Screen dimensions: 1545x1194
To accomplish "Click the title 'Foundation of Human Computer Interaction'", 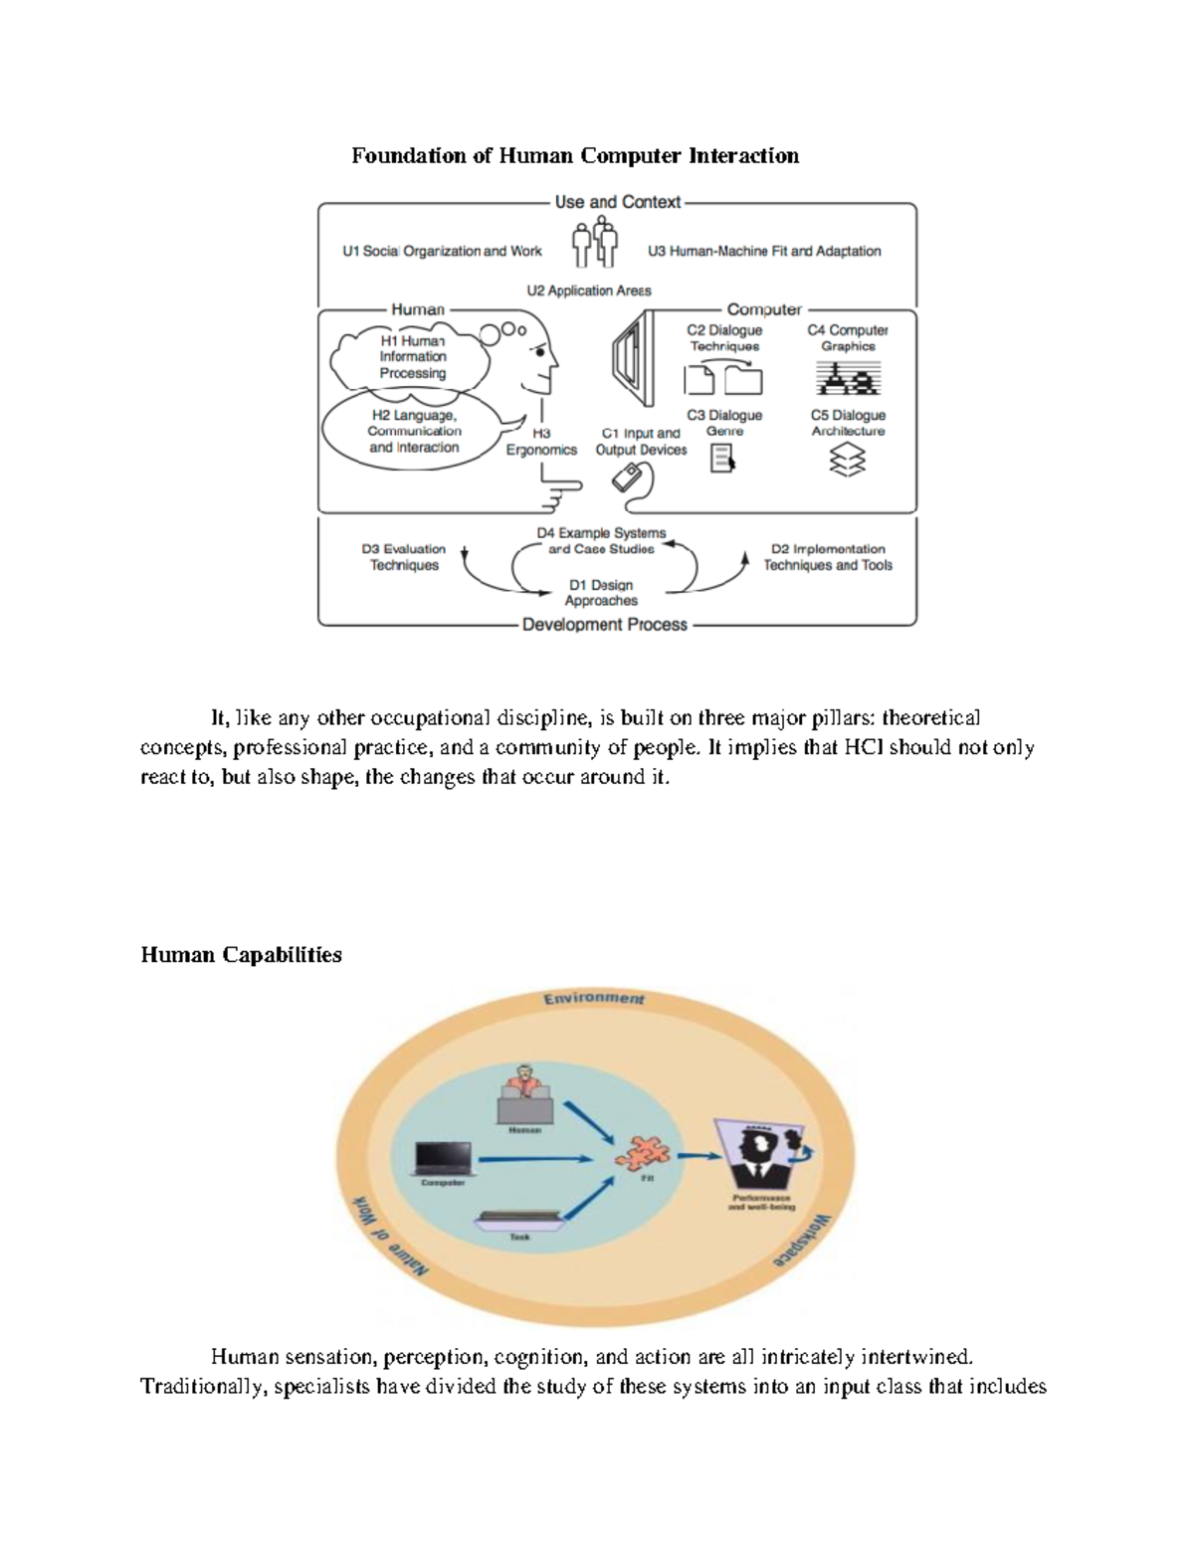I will click(x=574, y=156).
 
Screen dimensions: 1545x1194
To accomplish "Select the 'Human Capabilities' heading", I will click(x=241, y=955).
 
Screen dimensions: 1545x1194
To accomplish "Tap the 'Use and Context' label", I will click(x=617, y=202).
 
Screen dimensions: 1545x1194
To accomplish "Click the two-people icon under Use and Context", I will click(x=595, y=245).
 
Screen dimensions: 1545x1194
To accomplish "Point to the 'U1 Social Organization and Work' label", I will click(x=442, y=252).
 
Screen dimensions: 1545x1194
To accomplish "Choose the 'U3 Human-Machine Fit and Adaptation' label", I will click(x=764, y=252).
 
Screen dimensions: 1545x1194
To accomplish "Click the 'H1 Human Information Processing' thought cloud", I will click(x=412, y=357).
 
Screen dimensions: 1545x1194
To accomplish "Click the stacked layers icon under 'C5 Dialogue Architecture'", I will click(x=847, y=460).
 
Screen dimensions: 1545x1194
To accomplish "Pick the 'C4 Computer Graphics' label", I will click(x=848, y=338).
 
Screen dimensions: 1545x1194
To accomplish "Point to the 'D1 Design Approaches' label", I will click(x=601, y=593).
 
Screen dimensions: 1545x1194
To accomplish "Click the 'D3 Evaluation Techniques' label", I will click(x=403, y=557).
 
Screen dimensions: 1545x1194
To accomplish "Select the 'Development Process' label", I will click(x=604, y=625).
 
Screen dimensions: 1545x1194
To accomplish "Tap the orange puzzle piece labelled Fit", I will click(x=646, y=1154).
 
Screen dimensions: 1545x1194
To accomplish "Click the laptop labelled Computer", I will click(x=443, y=1157).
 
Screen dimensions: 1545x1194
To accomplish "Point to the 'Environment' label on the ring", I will click(x=594, y=998).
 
